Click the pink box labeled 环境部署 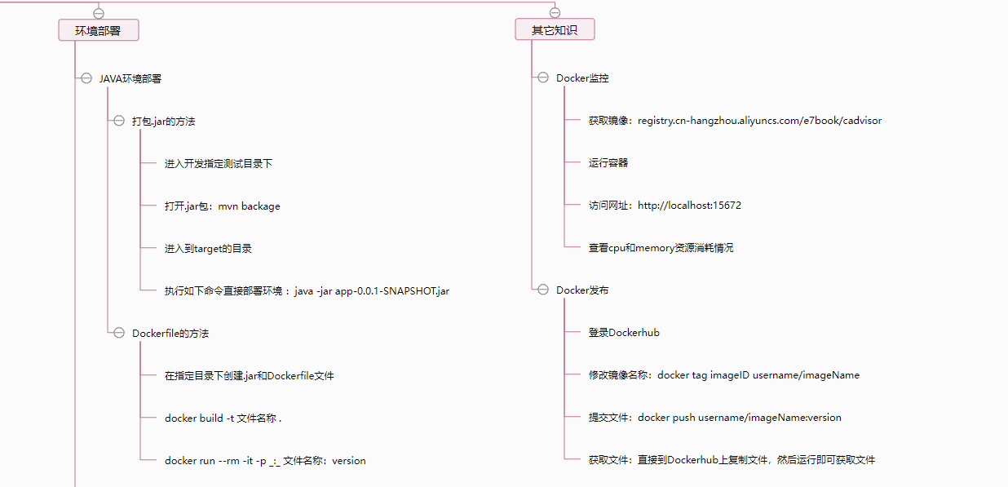tap(98, 30)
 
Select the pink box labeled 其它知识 tap(555, 30)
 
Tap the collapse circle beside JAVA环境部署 tap(86, 78)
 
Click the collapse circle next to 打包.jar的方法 tap(119, 122)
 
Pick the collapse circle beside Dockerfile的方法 tap(119, 333)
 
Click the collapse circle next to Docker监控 tap(543, 78)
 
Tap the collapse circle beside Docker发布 tap(543, 290)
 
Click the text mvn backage tap(249, 206)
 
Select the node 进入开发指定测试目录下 tap(218, 164)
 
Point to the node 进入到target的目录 tap(214, 249)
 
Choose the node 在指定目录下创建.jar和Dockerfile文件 tap(249, 376)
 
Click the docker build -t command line tap(223, 418)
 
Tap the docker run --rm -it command tap(265, 461)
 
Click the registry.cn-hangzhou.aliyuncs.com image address tap(759, 121)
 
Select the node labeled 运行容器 tap(608, 163)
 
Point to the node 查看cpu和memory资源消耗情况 tap(661, 248)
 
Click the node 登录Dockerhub tap(624, 333)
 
